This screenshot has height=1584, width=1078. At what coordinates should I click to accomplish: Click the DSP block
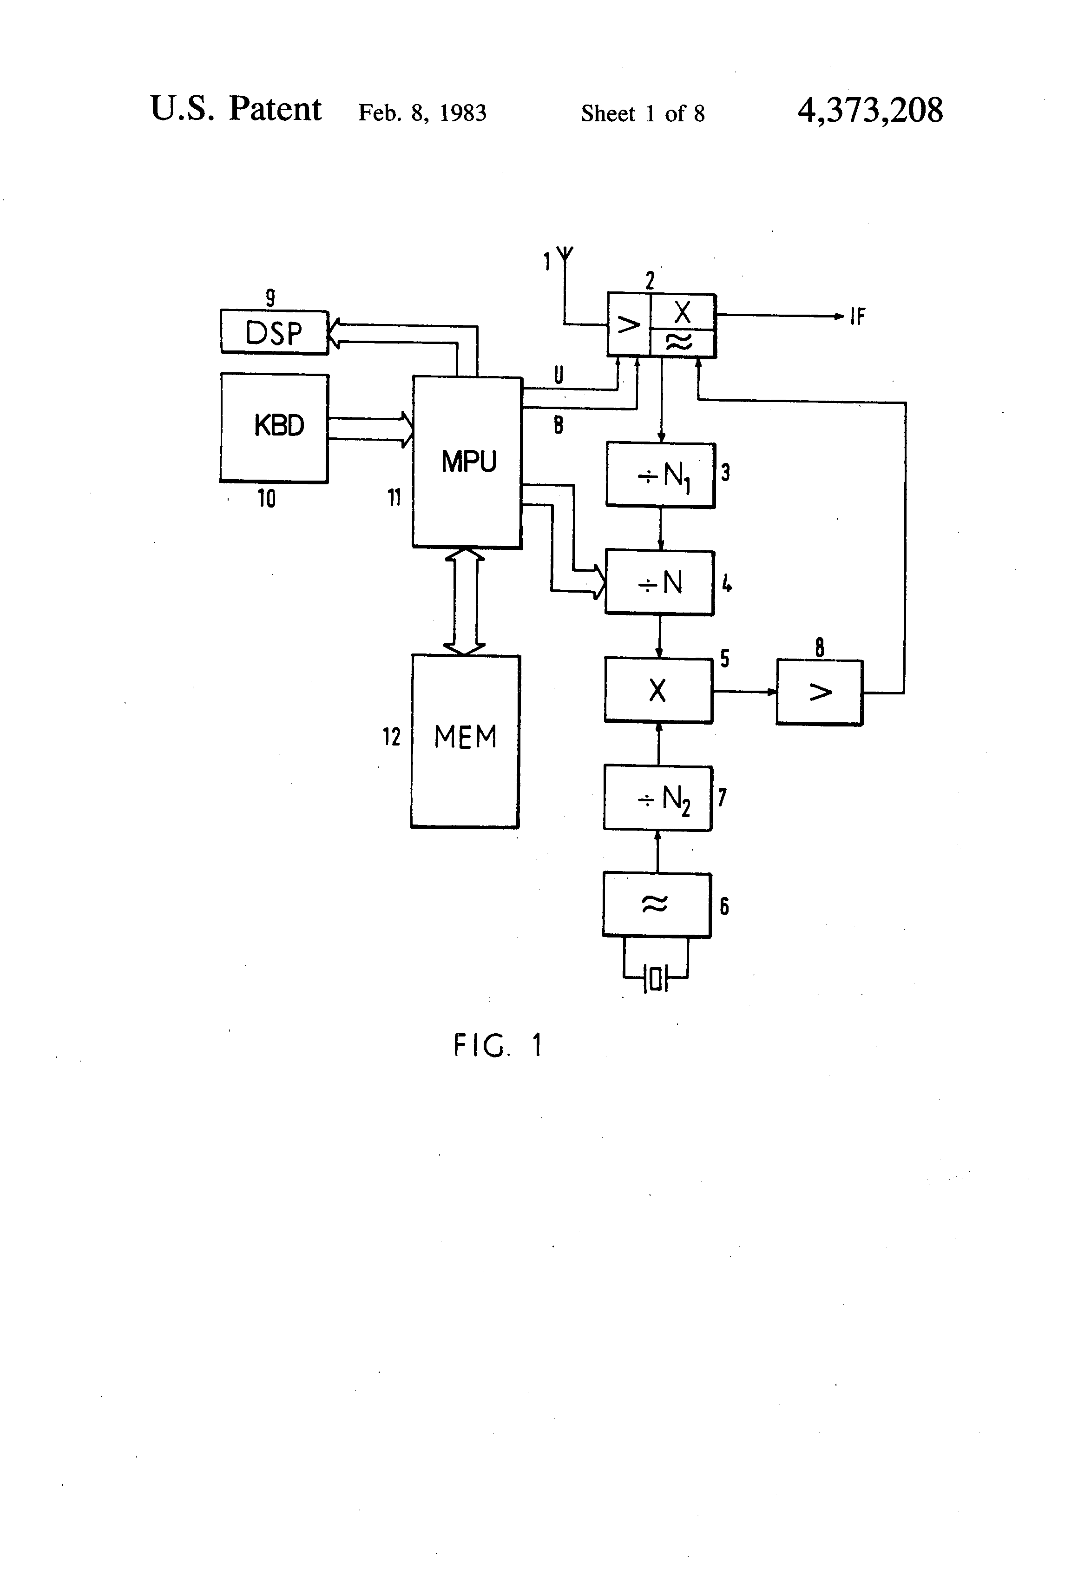point(274,333)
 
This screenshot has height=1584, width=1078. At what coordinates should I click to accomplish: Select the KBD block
point(274,427)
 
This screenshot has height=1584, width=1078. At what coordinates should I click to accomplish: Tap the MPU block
point(467,462)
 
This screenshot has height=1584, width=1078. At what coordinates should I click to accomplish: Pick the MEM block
point(466,741)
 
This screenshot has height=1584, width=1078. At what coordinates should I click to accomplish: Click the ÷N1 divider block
point(660,475)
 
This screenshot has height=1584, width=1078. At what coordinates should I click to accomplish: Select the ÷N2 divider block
point(657,798)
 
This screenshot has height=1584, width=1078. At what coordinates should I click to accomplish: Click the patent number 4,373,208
point(870,111)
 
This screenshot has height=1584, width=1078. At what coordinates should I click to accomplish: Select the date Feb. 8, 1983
point(422,112)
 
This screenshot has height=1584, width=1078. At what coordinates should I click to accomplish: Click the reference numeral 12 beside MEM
point(391,736)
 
